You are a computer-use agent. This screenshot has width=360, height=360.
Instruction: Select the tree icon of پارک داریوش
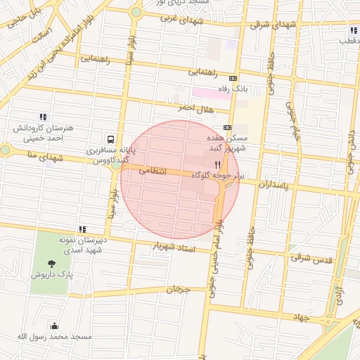click(x=51, y=263)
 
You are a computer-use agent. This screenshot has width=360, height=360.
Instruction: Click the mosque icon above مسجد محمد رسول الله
click(x=55, y=326)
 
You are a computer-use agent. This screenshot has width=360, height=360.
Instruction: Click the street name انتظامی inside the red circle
click(x=153, y=171)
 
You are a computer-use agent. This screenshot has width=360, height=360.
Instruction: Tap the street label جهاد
click(x=302, y=318)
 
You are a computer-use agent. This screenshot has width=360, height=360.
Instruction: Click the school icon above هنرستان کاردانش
click(x=43, y=117)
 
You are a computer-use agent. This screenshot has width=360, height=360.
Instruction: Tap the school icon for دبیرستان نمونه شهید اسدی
click(x=82, y=229)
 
